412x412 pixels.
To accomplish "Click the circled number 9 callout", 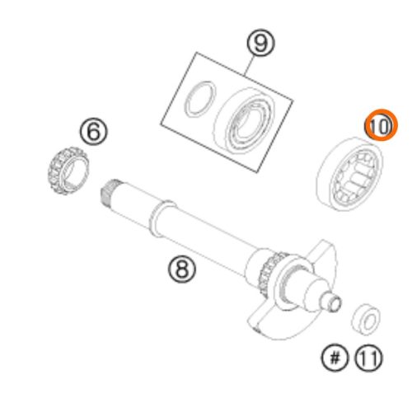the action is point(260,43).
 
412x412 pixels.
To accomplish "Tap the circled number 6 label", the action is point(94,131).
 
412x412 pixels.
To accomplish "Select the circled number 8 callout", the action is point(182,269).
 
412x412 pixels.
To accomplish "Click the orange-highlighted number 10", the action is point(381,125).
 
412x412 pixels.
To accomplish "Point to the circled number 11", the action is point(368,358).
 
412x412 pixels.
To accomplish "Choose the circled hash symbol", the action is point(335,358).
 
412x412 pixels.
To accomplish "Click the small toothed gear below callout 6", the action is point(68,171).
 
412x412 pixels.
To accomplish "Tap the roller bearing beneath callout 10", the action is point(349,174).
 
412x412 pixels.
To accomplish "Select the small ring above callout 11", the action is point(366,319).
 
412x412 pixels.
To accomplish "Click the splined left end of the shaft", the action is point(109,194).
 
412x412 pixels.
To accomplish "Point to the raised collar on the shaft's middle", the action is point(162,218).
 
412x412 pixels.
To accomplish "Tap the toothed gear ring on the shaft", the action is point(270,272).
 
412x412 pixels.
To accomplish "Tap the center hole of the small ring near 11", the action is point(370,321).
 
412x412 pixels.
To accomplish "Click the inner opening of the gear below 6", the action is point(76,171).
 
